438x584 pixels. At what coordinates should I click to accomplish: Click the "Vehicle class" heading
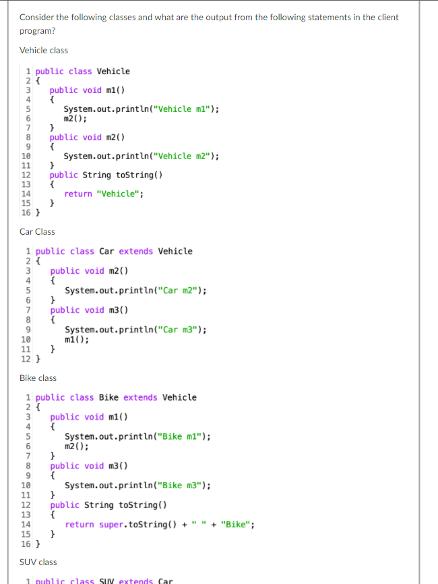pos(44,51)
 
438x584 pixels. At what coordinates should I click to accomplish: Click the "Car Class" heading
pos(37,232)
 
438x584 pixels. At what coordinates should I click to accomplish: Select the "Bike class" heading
pos(38,378)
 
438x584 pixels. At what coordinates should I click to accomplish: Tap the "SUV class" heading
pos(38,562)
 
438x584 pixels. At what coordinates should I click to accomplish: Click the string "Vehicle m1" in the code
pos(185,109)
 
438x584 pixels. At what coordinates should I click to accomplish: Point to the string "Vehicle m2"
pos(185,156)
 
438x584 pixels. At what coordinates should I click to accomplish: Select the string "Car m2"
pos(181,291)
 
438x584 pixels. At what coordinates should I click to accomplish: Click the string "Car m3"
pos(181,330)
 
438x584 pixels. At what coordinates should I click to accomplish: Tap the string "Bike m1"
pos(183,437)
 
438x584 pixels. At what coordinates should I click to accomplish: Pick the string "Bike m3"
pos(183,485)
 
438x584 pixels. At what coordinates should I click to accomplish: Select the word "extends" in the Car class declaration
pos(135,252)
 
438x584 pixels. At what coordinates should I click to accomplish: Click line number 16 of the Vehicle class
pos(26,213)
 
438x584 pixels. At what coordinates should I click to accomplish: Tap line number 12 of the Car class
pos(26,358)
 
